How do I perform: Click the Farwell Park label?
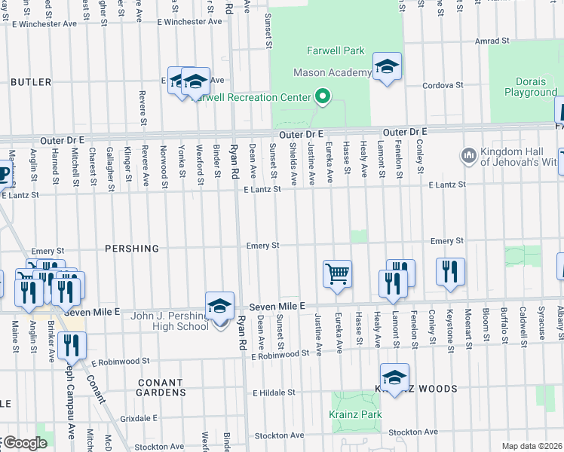coord(336,51)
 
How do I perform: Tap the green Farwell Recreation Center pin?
coord(323,96)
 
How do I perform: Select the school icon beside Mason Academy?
coord(387,68)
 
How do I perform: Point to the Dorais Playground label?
coord(526,87)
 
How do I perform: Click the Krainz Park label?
coord(355,414)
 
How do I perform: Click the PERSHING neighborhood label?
coord(132,249)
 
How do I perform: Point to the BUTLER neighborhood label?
coord(31,81)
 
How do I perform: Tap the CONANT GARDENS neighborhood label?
coord(161,387)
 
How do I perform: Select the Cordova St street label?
coord(442,85)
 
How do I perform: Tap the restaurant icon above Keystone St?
coord(450,272)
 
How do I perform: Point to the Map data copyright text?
coord(532,446)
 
